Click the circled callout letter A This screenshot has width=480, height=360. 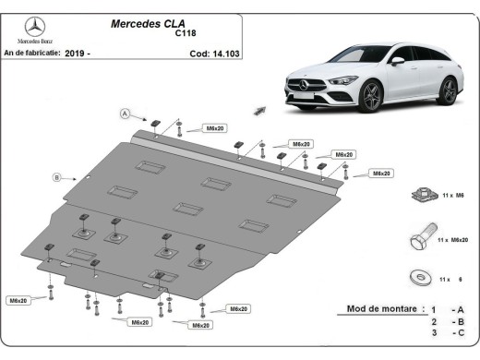point(123,114)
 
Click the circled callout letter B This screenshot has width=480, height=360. point(56,176)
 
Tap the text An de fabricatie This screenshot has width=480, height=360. point(32,54)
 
